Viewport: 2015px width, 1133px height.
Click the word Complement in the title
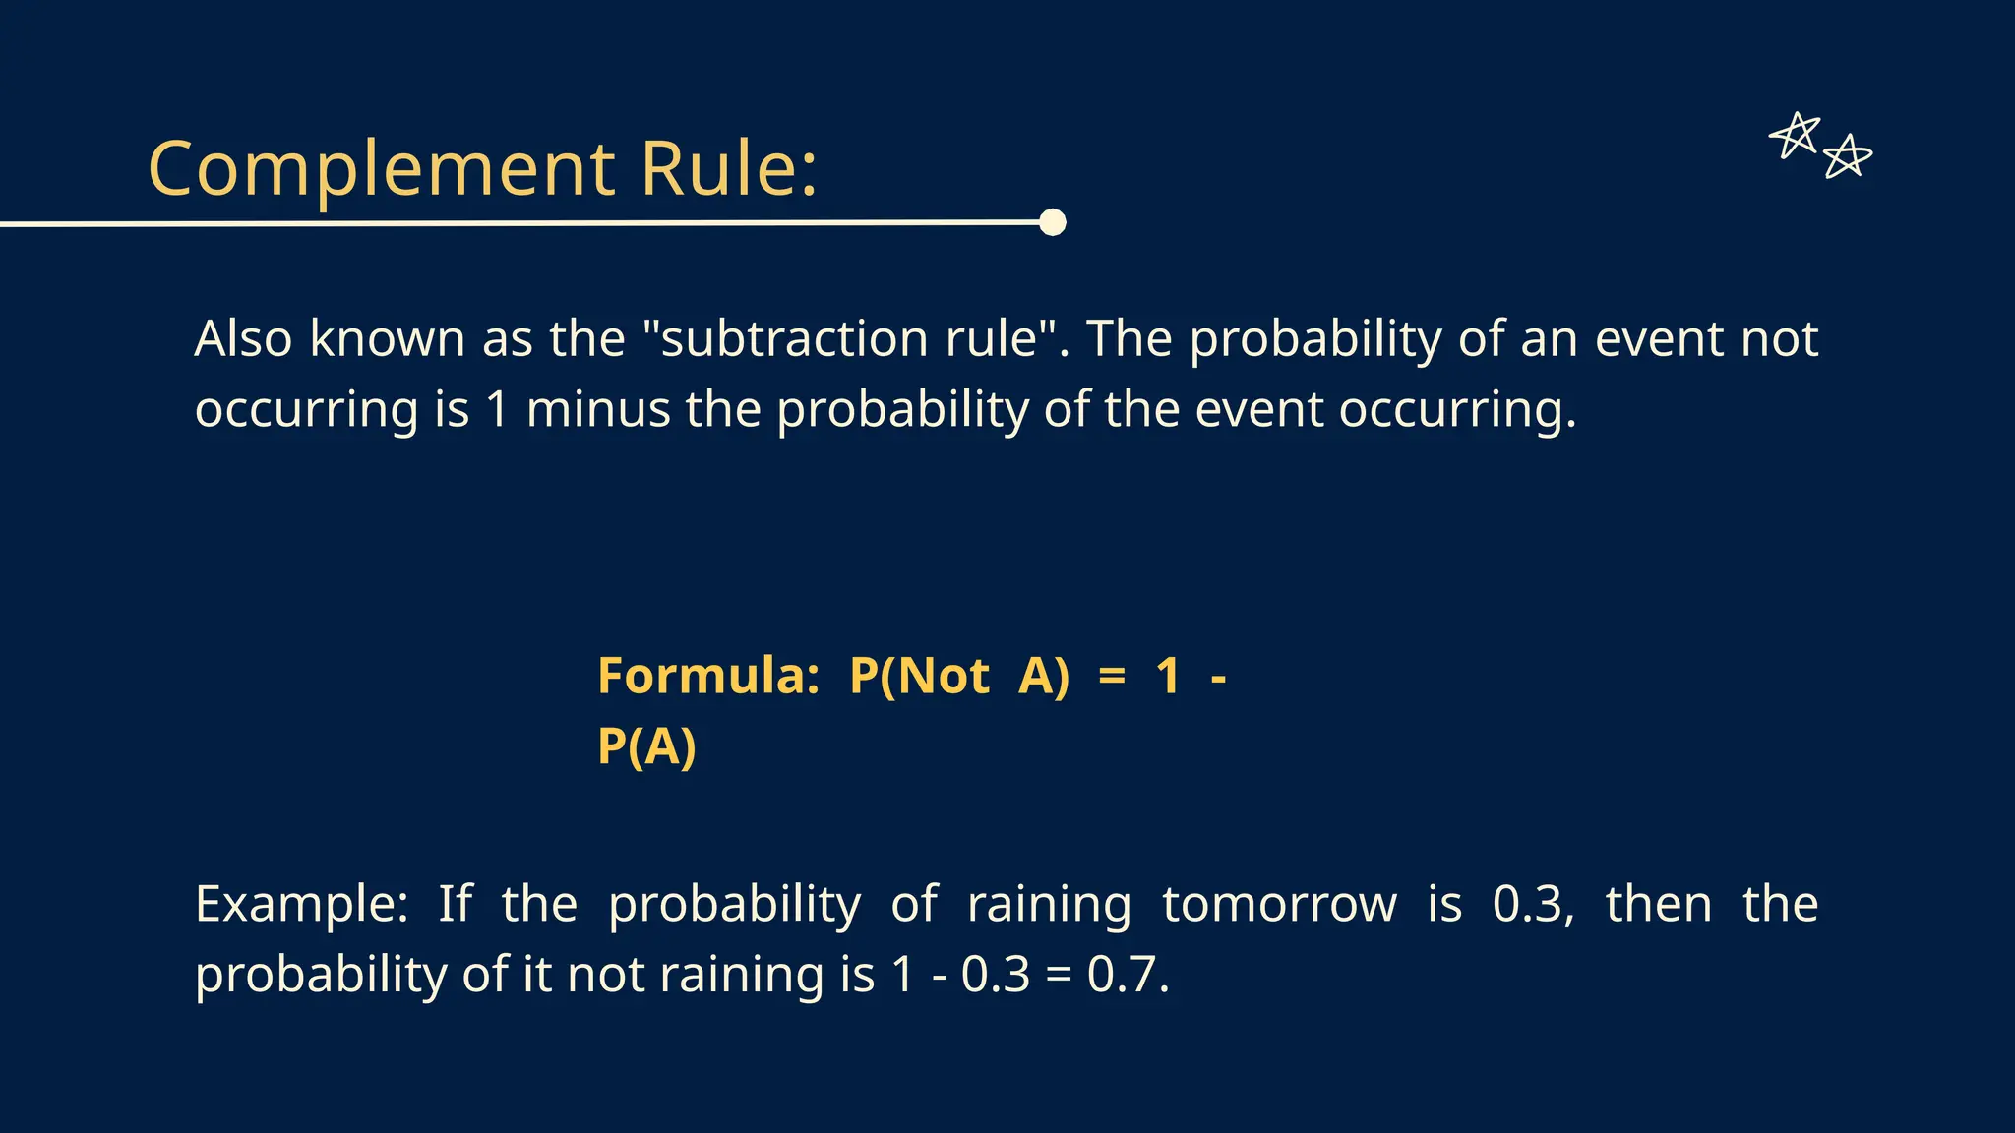(382, 169)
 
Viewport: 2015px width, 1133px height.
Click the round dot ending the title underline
(1053, 222)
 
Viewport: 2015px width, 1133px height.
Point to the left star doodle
(1795, 136)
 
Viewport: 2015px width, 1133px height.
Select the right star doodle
(1847, 157)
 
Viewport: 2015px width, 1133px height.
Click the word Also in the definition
(243, 338)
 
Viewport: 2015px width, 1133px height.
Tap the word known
(387, 338)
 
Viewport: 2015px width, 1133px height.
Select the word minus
(597, 409)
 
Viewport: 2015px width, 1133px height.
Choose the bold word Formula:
(708, 677)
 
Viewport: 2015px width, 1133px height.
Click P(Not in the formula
(919, 677)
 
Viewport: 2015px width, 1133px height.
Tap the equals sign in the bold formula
(1111, 677)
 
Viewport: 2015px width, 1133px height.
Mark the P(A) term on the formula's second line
(646, 746)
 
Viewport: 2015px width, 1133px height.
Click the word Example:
(301, 904)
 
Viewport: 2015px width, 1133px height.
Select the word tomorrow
(1279, 904)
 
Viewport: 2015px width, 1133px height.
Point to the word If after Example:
(455, 904)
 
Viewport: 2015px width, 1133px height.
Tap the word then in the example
(1659, 904)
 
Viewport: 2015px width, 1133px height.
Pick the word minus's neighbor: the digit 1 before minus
(498, 409)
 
